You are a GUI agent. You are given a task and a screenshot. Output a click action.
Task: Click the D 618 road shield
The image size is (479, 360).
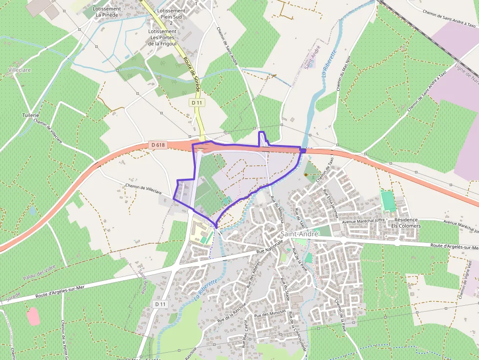[157, 145]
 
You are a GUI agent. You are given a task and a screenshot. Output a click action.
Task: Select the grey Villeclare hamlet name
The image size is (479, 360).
[20, 70]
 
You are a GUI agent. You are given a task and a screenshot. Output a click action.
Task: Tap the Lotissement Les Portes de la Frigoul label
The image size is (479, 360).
[162, 37]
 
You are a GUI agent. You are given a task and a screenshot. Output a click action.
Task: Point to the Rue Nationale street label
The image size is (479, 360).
[270, 246]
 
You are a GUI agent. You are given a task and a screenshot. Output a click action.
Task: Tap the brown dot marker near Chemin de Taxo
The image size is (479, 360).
[306, 174]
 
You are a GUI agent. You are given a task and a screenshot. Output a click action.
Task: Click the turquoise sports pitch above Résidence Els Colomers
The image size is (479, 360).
[388, 201]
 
